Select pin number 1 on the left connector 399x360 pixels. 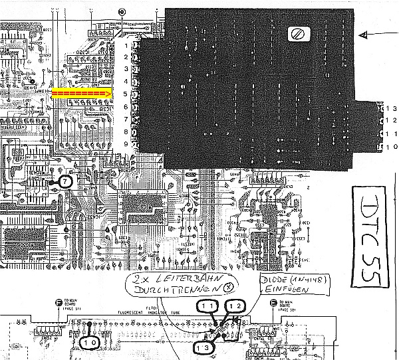[x=126, y=45]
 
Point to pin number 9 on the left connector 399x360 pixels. [x=126, y=144]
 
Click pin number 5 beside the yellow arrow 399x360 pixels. [x=126, y=94]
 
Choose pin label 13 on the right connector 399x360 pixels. [x=391, y=108]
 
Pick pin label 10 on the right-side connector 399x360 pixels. [x=391, y=146]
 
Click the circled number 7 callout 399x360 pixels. [x=65, y=181]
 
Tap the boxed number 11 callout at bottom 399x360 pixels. [x=206, y=306]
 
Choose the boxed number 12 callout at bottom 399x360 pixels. [x=237, y=306]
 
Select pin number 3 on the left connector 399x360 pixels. [x=126, y=69]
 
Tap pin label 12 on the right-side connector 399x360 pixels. [x=391, y=120]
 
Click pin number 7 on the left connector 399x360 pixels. [x=126, y=119]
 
